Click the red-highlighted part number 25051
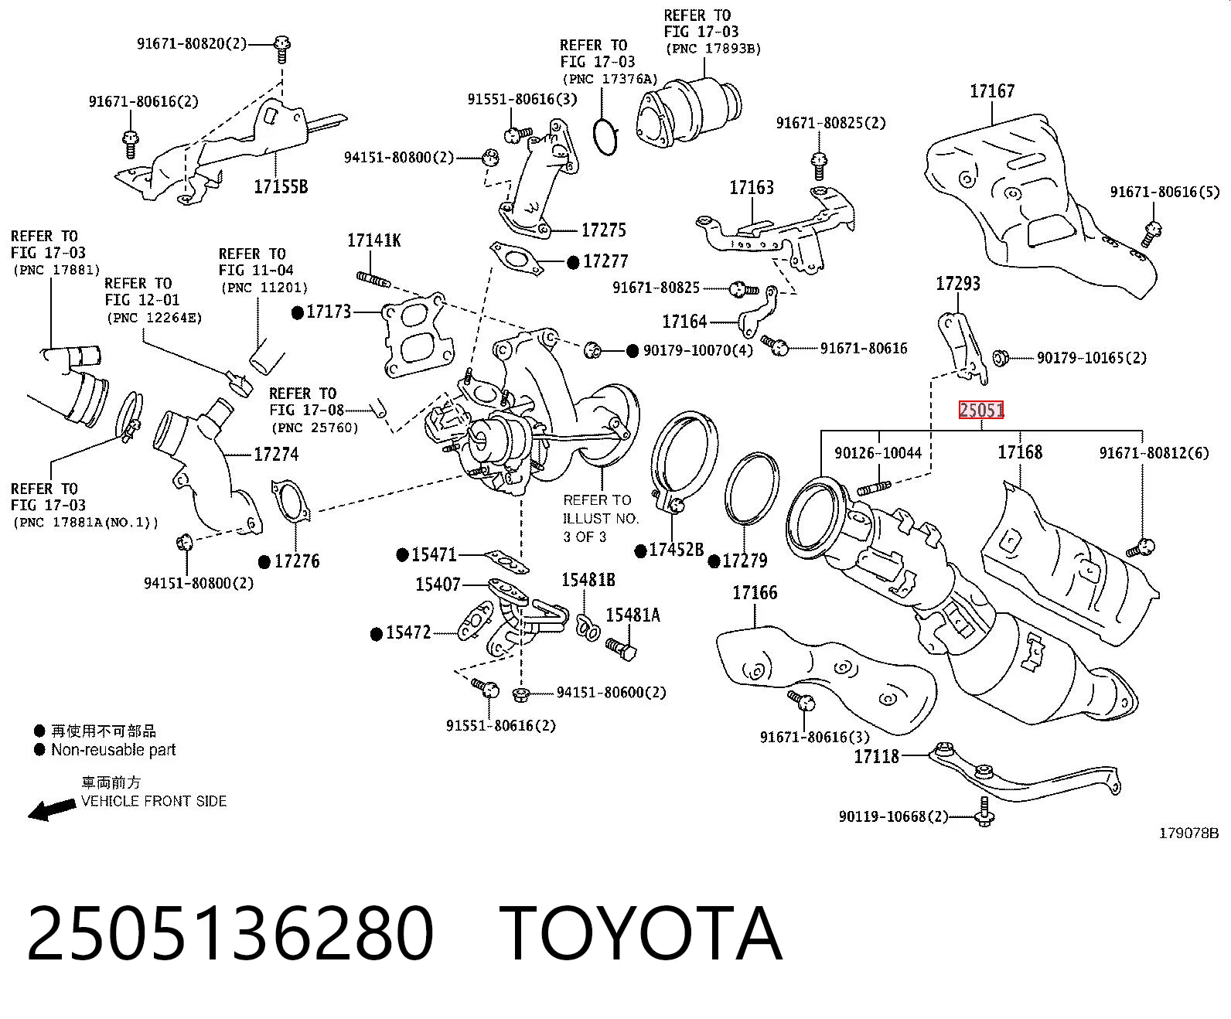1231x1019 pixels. click(x=981, y=410)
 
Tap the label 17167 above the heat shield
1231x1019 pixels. click(x=992, y=91)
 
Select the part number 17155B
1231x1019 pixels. click(x=281, y=187)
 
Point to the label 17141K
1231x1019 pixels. click(x=373, y=240)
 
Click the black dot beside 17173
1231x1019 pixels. click(x=298, y=312)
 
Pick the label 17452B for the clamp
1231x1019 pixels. click(x=677, y=550)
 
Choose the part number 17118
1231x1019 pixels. click(x=877, y=757)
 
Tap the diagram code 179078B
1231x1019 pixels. click(x=1188, y=833)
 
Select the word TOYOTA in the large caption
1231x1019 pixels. click(x=641, y=934)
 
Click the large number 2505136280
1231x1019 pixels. click(x=230, y=934)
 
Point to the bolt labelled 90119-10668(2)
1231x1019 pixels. click(x=984, y=812)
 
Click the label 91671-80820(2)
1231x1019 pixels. click(x=192, y=43)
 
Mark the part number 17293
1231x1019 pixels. click(x=958, y=285)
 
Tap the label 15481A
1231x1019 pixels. click(x=633, y=615)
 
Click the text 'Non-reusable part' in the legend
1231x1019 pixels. click(x=113, y=750)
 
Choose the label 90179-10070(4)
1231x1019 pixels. click(x=698, y=351)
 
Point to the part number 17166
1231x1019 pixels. click(x=755, y=593)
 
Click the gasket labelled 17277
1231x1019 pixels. click(x=517, y=259)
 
